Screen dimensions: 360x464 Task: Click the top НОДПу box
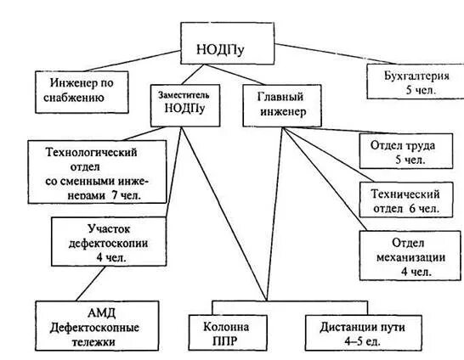pyautogui.click(x=226, y=42)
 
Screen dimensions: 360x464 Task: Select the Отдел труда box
pyautogui.click(x=399, y=151)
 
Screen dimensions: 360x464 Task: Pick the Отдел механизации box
pyautogui.click(x=399, y=254)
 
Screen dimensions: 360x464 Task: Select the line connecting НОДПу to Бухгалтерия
pyautogui.click(x=319, y=54)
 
